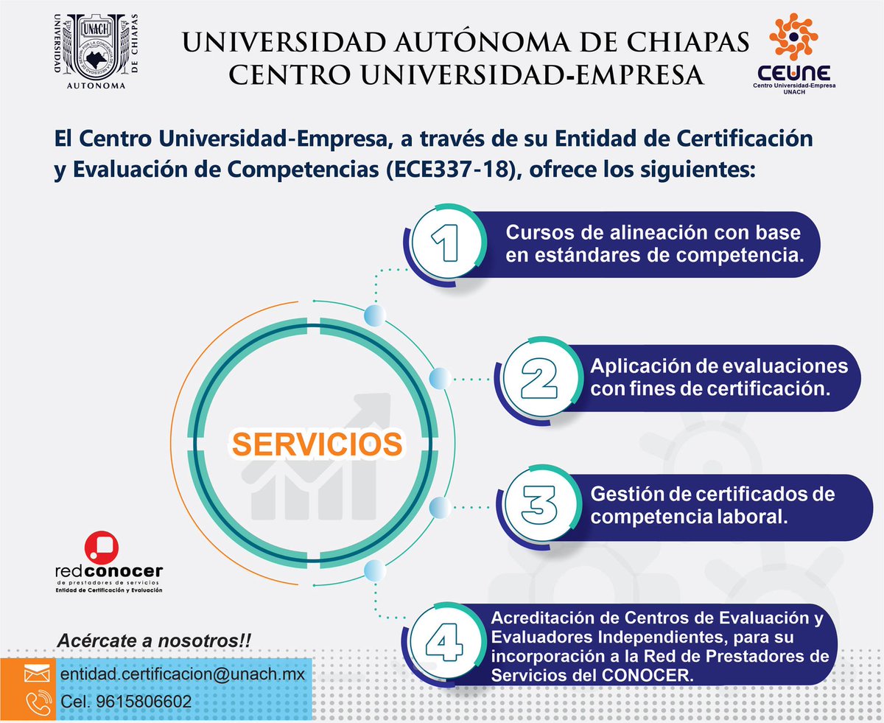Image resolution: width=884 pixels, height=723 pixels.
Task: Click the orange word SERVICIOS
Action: click(x=318, y=444)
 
